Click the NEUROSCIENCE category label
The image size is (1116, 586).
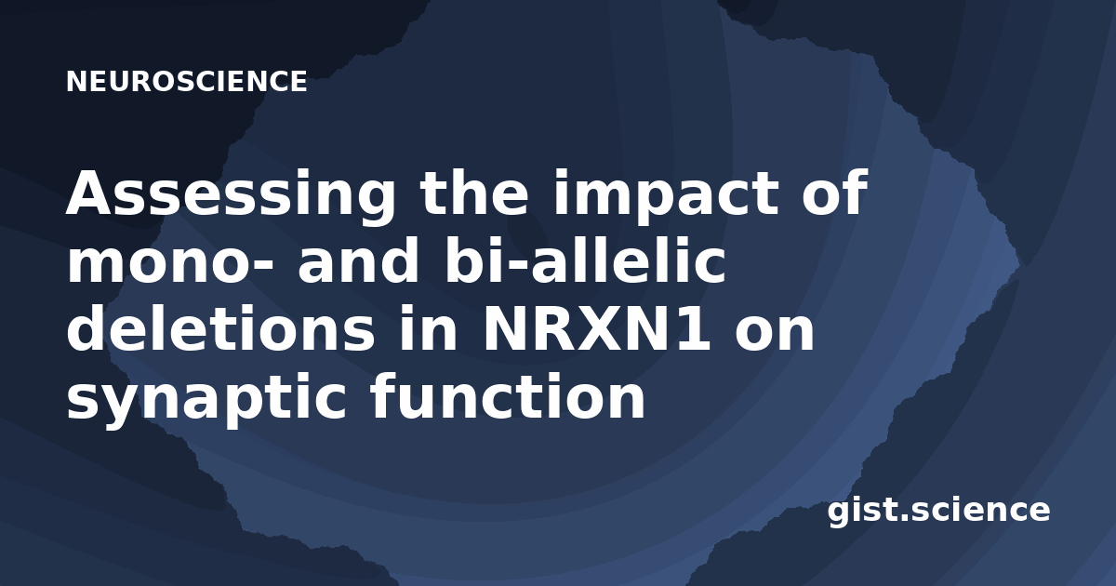click(x=187, y=81)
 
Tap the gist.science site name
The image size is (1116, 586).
click(x=938, y=512)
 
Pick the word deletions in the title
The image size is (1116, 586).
click(x=220, y=327)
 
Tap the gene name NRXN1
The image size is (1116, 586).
click(x=596, y=329)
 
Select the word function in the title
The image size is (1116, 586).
click(x=507, y=395)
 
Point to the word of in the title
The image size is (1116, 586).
click(x=835, y=192)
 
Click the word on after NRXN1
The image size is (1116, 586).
click(x=774, y=333)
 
